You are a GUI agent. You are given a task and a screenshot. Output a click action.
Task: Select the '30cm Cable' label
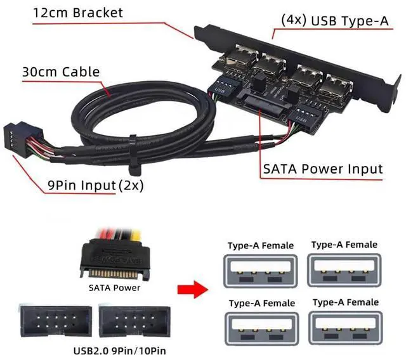pyautogui.click(x=61, y=72)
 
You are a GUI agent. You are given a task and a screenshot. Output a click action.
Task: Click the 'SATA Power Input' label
pyautogui.click(x=323, y=169)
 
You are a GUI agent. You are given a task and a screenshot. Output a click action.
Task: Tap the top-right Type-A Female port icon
pyautogui.click(x=344, y=267)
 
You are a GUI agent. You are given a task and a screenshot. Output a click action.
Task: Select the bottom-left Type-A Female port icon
pyautogui.click(x=260, y=325)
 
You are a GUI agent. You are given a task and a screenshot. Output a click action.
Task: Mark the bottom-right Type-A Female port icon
pyautogui.click(x=344, y=325)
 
